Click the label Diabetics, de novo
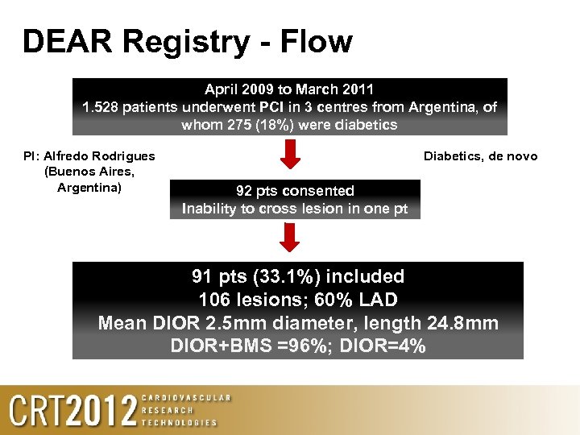480,156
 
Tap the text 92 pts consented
295,191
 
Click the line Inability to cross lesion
295,209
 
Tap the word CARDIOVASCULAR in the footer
186,398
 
